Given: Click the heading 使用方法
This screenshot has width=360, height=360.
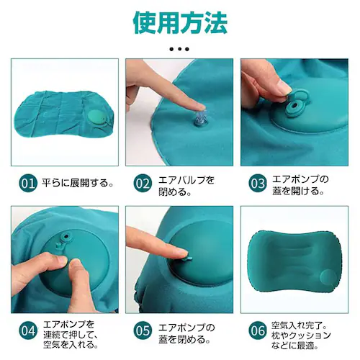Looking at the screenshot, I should point(180,22).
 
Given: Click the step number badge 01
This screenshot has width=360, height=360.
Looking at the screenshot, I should point(27,182).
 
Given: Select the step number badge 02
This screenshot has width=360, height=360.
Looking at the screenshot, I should point(143,182).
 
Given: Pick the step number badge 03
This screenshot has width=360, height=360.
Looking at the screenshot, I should point(257,182).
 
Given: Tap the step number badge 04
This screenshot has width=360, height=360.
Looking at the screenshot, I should point(27,330).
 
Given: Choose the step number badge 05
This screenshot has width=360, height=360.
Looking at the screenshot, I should point(143,330).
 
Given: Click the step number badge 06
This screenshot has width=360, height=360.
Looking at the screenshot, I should point(257,330).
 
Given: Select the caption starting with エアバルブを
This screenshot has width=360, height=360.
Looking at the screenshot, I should point(186,182).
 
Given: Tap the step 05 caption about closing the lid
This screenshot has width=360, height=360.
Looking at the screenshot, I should point(186,330).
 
